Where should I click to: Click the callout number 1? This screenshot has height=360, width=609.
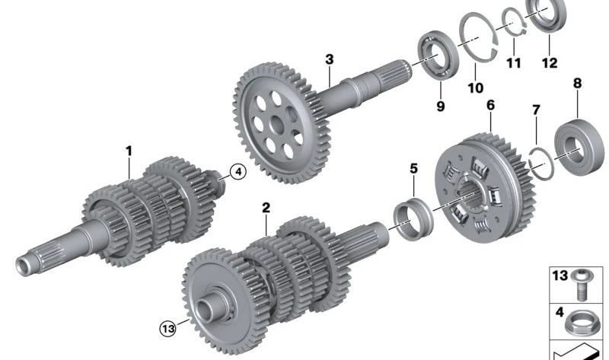(x=129, y=151)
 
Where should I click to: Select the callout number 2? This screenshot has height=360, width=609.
(x=266, y=207)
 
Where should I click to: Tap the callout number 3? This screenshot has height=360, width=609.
(x=329, y=59)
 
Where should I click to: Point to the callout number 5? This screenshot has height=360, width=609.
(x=414, y=167)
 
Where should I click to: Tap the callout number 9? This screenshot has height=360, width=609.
(x=440, y=106)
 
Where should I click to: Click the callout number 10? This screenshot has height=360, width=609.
(x=475, y=88)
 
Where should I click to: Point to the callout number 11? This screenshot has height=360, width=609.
(x=514, y=63)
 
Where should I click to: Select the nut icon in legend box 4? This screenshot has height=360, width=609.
(x=582, y=316)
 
